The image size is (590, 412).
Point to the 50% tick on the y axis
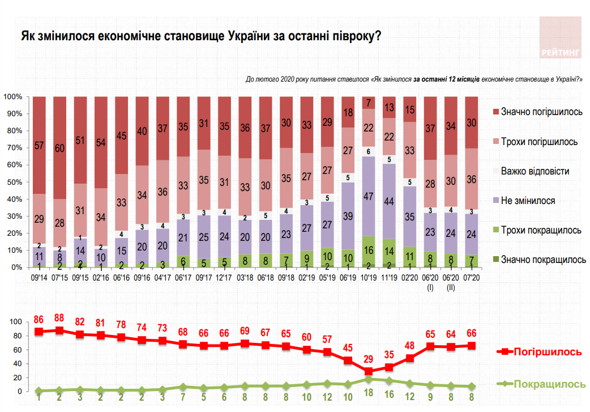pos(13,182)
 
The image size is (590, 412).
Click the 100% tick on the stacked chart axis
pos(12,97)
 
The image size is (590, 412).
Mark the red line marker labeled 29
pos(369,371)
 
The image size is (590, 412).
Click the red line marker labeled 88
pos(59,330)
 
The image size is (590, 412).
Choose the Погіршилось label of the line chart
pos(547,352)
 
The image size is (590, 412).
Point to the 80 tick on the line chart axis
pos(17,335)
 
